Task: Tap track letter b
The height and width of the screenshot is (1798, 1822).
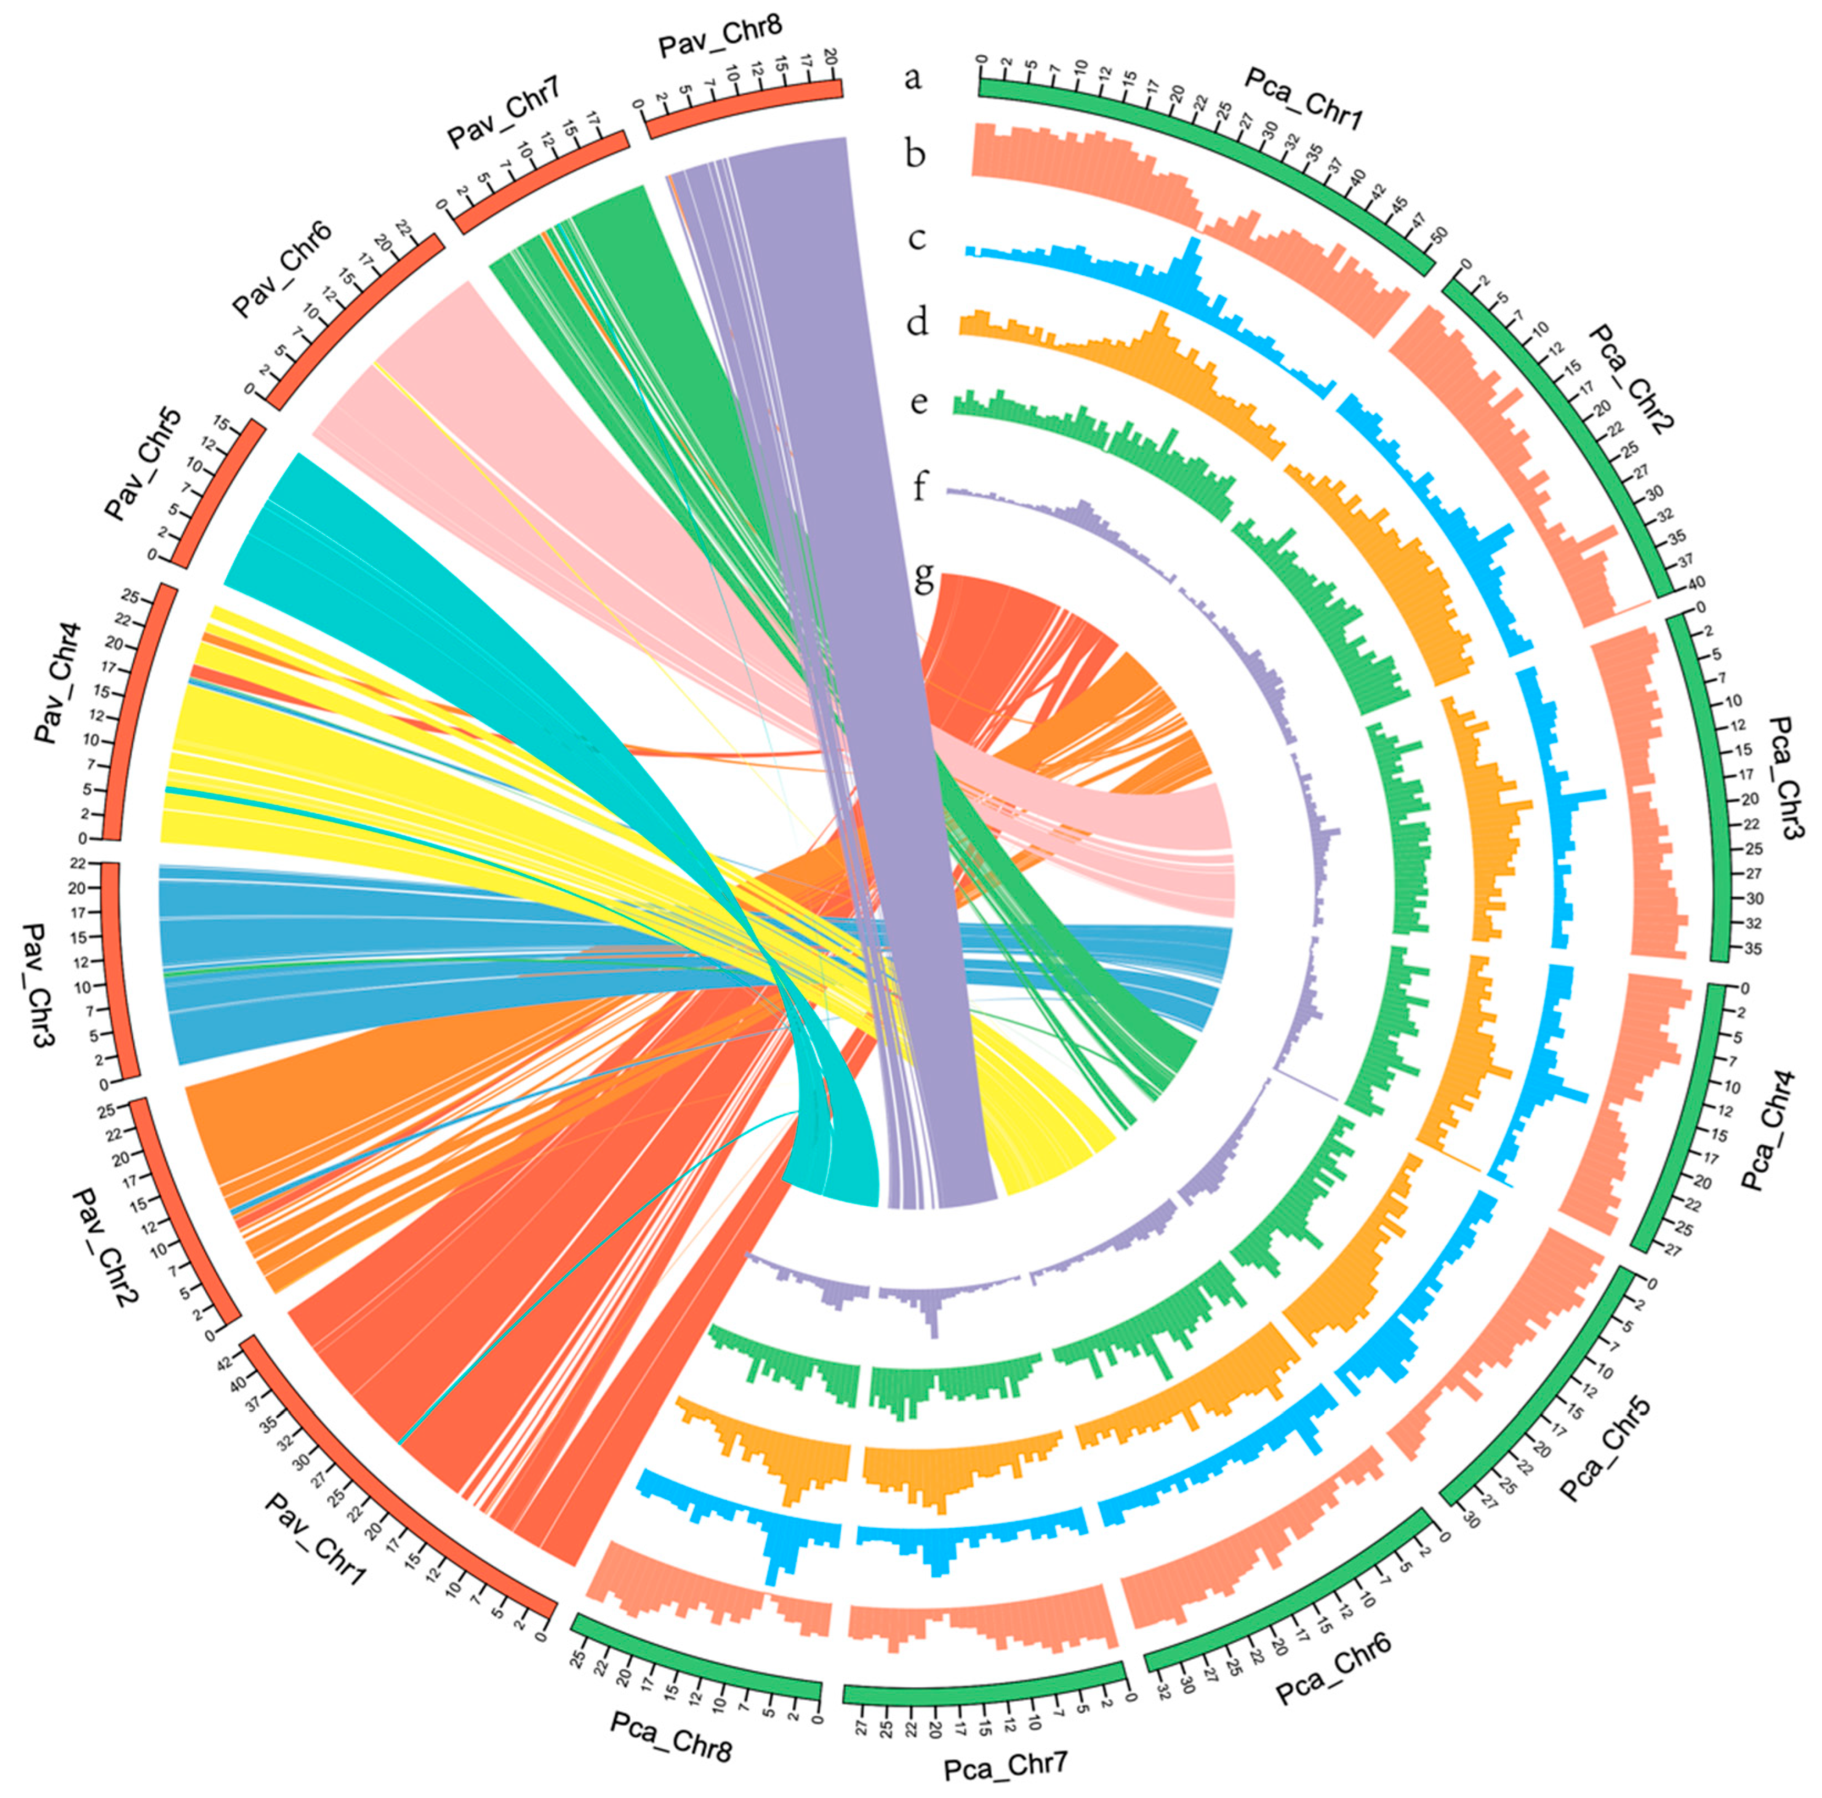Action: click(x=915, y=153)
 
